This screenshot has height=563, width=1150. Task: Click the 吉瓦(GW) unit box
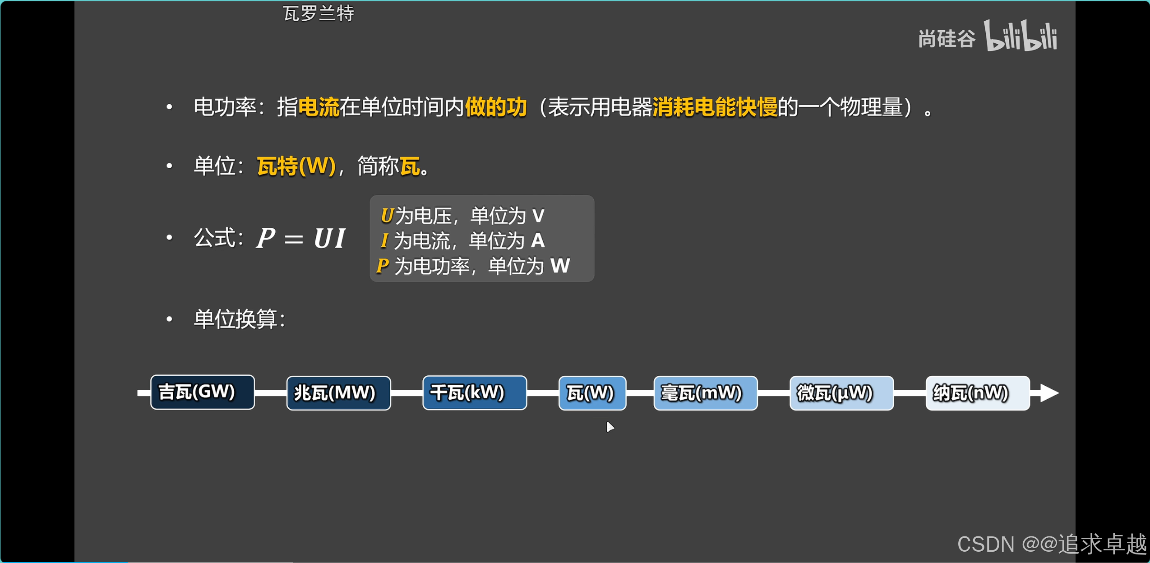tap(202, 392)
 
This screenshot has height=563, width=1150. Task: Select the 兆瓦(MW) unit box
tap(338, 393)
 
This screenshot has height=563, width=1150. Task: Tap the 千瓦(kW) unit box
tap(474, 393)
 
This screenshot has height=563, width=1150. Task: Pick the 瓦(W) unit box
tap(592, 393)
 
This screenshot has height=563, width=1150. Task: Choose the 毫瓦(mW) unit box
tap(705, 393)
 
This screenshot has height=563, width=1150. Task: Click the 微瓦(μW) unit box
tap(841, 393)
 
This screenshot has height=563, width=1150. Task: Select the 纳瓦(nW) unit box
tap(977, 393)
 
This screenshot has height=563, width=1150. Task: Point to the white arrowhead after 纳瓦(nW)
tap(1049, 393)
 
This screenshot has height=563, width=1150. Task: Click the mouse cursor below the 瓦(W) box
tap(610, 426)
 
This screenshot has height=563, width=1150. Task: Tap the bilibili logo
tap(1021, 36)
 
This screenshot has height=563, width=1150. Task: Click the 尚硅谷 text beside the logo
tap(947, 39)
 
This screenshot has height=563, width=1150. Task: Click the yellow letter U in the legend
tap(387, 216)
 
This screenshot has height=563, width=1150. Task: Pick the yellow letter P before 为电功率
tap(382, 266)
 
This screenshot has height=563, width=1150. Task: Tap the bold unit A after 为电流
tap(537, 240)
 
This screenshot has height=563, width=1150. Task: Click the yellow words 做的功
tap(495, 107)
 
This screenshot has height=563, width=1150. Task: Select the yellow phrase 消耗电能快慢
tap(715, 107)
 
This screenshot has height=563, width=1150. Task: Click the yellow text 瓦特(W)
tap(296, 166)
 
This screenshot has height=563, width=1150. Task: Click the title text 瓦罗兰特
tap(318, 14)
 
